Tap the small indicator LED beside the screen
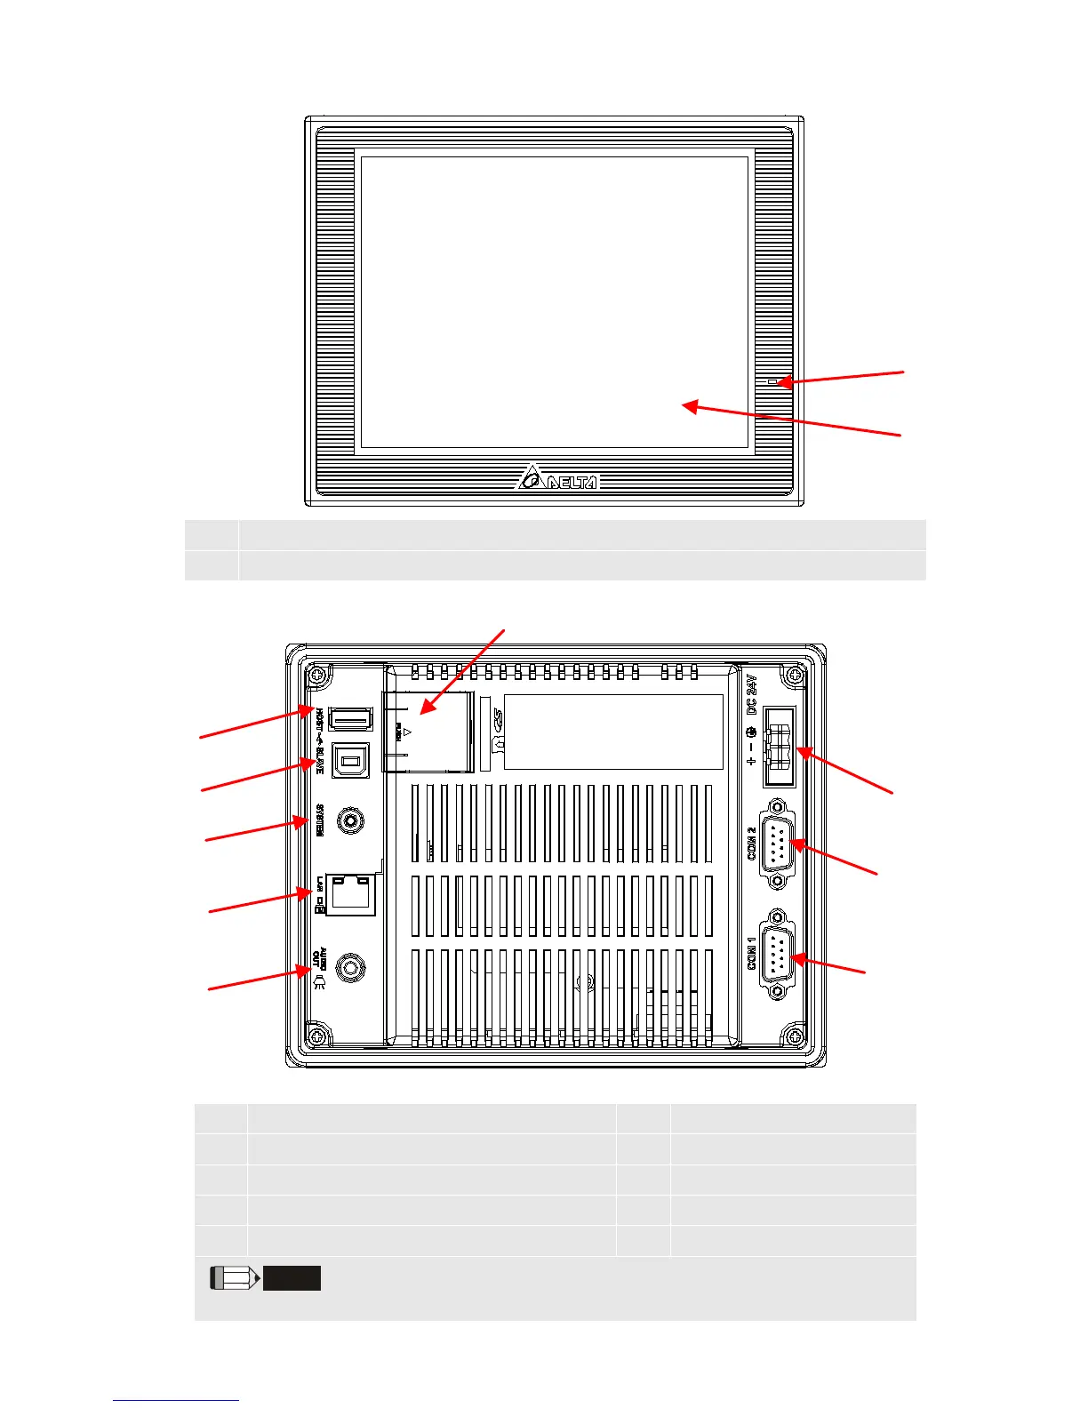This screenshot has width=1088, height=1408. [x=772, y=382]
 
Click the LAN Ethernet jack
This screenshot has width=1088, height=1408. [x=351, y=893]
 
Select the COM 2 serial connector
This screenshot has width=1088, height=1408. [x=779, y=843]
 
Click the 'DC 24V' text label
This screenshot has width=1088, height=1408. [x=752, y=694]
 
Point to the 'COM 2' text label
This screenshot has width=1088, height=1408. [x=752, y=843]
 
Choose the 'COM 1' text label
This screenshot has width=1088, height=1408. [x=752, y=953]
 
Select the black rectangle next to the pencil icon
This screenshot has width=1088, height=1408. [x=292, y=1278]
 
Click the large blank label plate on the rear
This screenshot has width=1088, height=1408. [x=613, y=732]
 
